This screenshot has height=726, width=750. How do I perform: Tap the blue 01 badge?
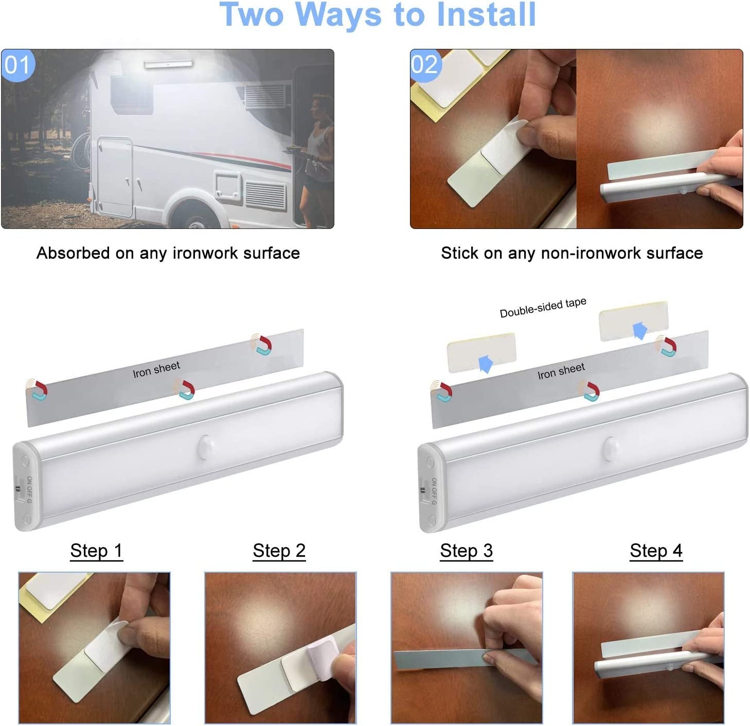coord(17,65)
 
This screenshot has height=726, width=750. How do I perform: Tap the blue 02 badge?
coord(425,65)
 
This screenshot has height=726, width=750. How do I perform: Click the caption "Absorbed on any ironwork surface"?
coord(168,253)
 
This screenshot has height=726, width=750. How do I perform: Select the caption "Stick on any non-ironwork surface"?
coord(572,253)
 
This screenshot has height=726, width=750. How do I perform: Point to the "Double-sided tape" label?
coord(543,307)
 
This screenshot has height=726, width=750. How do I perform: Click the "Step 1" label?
coord(96,551)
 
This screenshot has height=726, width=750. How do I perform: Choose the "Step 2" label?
coord(279,551)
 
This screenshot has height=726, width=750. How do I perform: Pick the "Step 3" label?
coord(466,551)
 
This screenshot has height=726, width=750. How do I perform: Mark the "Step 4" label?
coord(656,551)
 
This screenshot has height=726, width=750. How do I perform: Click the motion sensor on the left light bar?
coord(207,446)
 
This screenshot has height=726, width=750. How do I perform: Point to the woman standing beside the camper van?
coord(316,154)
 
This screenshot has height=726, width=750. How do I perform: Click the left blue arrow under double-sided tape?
coord(486,363)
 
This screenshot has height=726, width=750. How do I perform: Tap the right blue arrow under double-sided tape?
coord(640,330)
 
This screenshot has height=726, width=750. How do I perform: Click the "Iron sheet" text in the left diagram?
coord(156,369)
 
